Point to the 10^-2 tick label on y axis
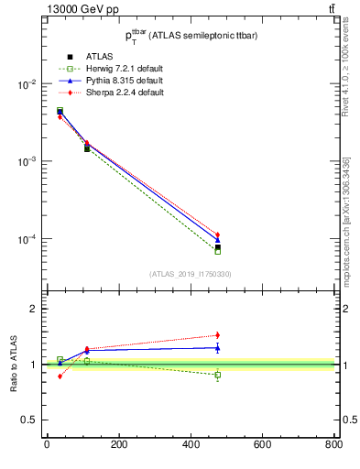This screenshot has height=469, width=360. pyautogui.click(x=25, y=84)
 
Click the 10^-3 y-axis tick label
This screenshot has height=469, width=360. pyautogui.click(x=25, y=162)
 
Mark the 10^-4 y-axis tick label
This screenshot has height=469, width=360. pyautogui.click(x=25, y=240)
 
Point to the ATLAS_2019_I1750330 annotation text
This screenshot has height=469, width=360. pyautogui.click(x=190, y=274)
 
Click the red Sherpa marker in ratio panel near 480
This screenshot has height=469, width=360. pyautogui.click(x=217, y=335)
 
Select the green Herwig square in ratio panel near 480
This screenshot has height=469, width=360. pyautogui.click(x=217, y=375)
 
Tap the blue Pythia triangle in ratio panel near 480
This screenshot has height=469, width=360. pyautogui.click(x=217, y=347)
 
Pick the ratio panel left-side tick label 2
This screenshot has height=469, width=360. pyautogui.click(x=32, y=309)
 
